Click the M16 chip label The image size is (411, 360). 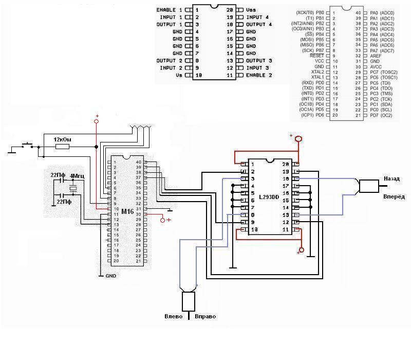tap(127, 211)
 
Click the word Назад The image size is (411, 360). tap(391, 178)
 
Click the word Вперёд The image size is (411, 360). tap(394, 196)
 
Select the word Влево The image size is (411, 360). tap(174, 316)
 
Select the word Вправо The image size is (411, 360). tap(206, 316)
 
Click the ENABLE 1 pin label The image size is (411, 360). tap(169, 10)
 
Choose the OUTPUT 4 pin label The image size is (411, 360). tap(259, 24)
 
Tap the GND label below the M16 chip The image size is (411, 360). tap(110, 276)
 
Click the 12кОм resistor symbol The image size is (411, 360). tap(62, 147)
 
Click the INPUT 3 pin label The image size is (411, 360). tap(257, 68)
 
